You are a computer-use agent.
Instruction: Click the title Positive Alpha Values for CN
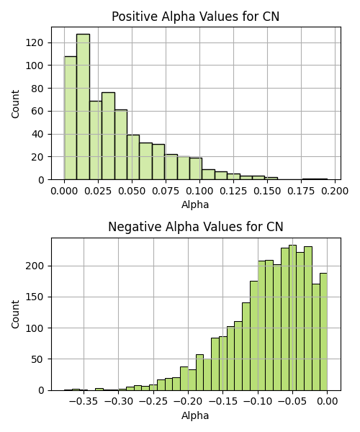coord(196,17)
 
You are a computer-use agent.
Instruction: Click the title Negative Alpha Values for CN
coord(196,227)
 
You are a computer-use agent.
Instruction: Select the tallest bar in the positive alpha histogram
coord(84,107)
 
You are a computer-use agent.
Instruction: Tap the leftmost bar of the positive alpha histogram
coord(71,118)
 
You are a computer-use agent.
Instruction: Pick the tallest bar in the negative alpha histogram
coord(292,318)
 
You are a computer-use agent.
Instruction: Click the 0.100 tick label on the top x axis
coord(199,191)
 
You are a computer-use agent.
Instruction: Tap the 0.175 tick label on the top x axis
coord(301,191)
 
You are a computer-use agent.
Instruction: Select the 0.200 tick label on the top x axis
coord(335,191)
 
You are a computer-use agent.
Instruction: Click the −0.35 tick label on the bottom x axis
coord(84,402)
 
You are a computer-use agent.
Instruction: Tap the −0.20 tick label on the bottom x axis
coord(188,402)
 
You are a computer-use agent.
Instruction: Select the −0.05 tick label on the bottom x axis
coord(292,402)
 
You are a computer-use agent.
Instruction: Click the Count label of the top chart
coord(15,104)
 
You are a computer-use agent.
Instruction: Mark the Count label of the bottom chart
coord(15,315)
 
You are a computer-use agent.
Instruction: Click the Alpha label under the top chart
coord(195,204)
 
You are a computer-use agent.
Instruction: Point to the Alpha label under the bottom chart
coord(195,415)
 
